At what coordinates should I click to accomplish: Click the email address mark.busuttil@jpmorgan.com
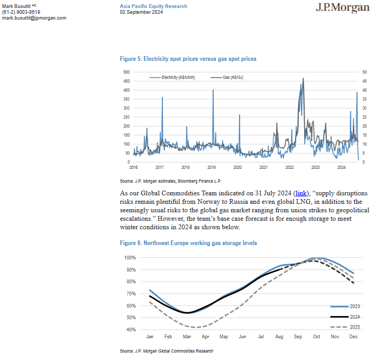(34, 18)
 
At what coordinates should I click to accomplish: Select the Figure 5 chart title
(188, 59)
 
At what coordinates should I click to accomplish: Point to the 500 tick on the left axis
(126, 72)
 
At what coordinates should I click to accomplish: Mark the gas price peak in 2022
(303, 79)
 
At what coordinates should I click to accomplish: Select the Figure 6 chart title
(188, 244)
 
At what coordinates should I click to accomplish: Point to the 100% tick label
(130, 258)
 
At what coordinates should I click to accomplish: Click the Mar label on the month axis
(187, 337)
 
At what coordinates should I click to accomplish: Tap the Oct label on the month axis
(316, 337)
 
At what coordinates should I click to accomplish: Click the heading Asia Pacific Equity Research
(153, 6)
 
